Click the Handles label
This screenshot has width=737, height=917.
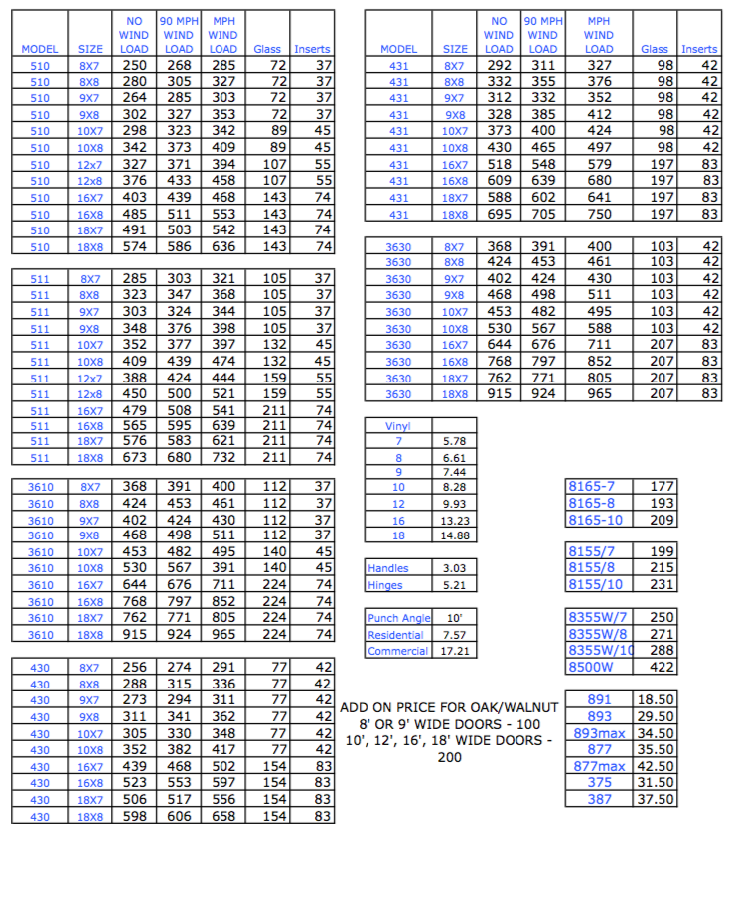pos(388,568)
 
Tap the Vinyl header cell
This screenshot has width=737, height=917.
pos(398,426)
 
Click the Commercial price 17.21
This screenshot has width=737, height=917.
pos(453,651)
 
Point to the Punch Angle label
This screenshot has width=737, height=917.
pos(397,619)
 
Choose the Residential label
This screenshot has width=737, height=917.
pos(395,635)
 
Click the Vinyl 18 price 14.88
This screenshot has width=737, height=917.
pos(453,535)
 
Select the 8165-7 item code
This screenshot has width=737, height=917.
pos(592,487)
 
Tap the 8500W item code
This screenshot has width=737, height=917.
pos(591,667)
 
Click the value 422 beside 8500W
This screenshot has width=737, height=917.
pos(661,667)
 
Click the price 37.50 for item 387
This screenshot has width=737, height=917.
pos(656,799)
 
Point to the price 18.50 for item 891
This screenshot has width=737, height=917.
pos(656,700)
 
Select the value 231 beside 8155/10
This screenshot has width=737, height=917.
pos(661,584)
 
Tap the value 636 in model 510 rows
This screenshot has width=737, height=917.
pos(223,246)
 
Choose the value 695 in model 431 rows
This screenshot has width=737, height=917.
pos(499,214)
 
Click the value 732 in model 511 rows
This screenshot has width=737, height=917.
pos(223,458)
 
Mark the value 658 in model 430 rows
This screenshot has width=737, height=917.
pos(223,816)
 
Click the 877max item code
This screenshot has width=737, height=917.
pos(599,766)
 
